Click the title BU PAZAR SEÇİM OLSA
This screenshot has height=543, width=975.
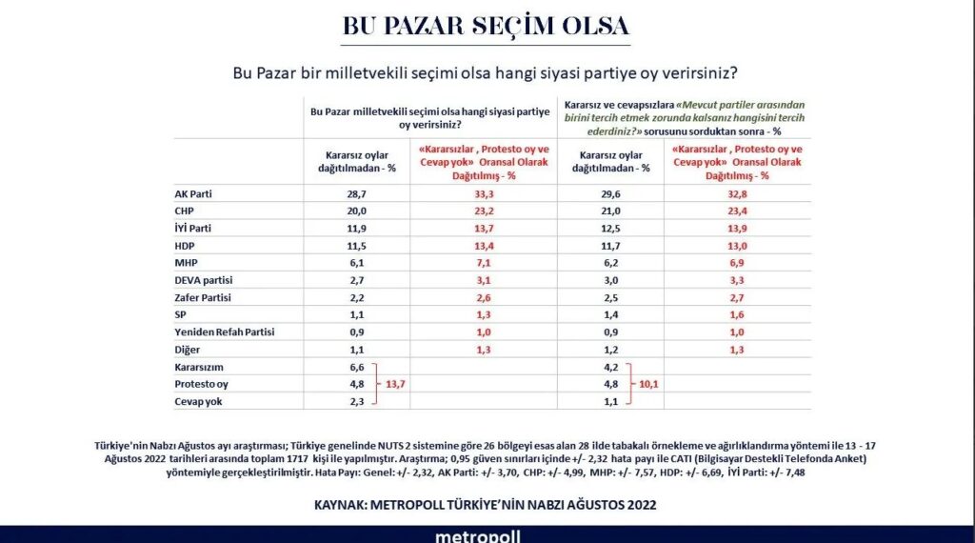[486, 25]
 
